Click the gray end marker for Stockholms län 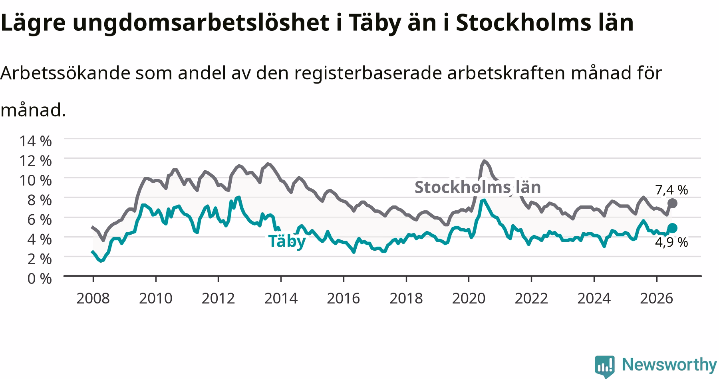672,203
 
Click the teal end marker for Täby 672,228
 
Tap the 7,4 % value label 671,190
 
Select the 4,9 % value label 671,242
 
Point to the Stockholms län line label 478,187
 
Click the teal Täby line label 287,241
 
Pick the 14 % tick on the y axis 35,141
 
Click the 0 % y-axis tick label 40,278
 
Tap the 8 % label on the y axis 40,199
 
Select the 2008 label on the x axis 93,298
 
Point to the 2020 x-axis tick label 469,298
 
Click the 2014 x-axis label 281,298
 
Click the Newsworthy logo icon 605,366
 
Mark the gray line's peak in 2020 484,161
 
